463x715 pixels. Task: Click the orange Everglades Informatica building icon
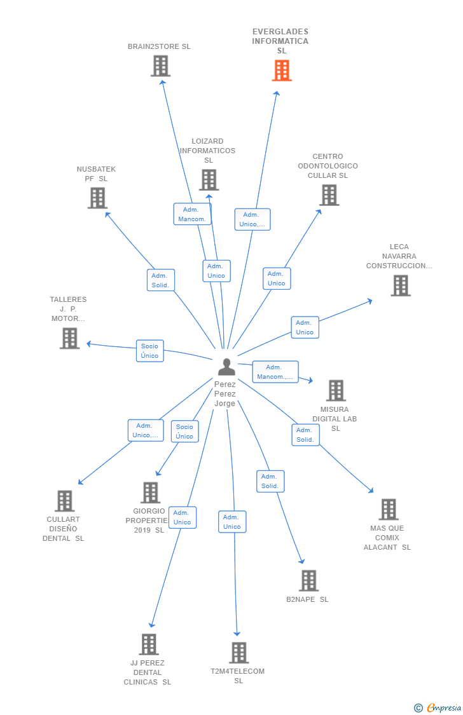pos(282,71)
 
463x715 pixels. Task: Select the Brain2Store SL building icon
pos(160,65)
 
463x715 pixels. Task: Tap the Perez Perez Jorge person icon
pos(226,367)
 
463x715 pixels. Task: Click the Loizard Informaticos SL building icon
pos(209,180)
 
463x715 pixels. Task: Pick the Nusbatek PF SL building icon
pos(97,198)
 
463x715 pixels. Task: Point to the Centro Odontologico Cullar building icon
pos(329,195)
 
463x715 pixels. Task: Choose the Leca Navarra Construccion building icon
pos(400,285)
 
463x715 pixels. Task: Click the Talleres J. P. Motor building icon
pos(70,338)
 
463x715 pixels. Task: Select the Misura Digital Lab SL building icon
pos(335,390)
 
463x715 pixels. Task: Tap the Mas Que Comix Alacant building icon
pos(388,509)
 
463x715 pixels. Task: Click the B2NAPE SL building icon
pos(308,580)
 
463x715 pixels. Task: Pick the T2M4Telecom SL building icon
pos(238,653)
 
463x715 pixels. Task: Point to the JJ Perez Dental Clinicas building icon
pos(148,644)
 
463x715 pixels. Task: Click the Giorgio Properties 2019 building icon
pos(150,493)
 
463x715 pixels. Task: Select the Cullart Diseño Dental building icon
pos(64,501)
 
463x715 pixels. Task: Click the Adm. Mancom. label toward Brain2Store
pos(192,214)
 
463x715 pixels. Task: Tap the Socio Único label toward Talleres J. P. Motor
pos(149,351)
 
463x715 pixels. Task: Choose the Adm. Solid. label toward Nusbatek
pos(160,280)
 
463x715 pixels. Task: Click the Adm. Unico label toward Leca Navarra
pos(305,327)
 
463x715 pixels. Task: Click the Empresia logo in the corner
pos(438,707)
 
